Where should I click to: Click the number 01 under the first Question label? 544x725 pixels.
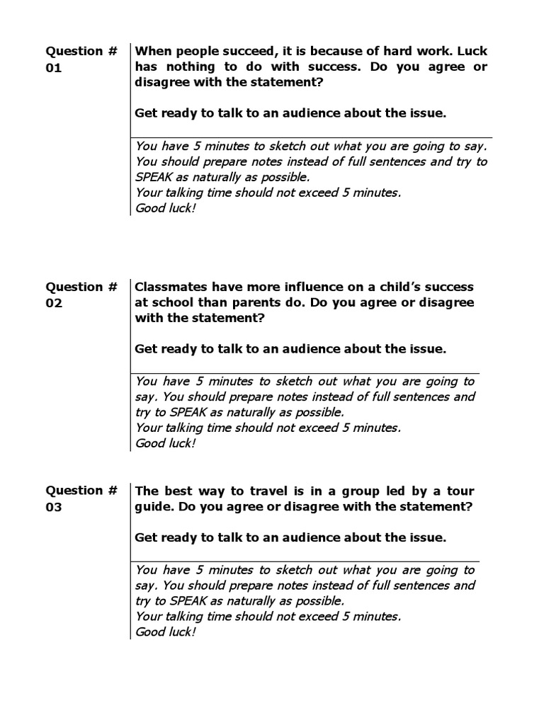[54, 68]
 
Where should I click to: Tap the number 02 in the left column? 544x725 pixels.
[54, 303]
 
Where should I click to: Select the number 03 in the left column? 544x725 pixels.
[54, 507]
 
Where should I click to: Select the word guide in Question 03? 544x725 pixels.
[152, 507]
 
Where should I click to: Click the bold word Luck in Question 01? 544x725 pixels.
[472, 51]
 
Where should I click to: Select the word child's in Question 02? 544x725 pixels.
[401, 287]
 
